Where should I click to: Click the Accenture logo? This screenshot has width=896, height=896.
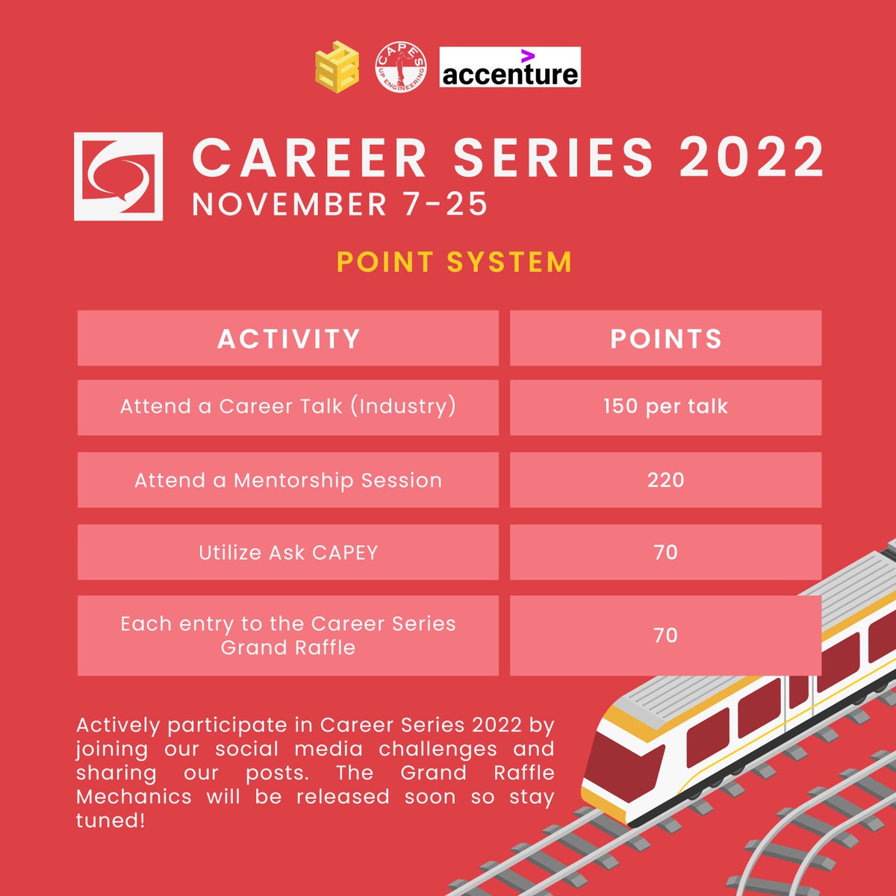point(510,68)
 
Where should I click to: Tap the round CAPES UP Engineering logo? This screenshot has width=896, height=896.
point(401,67)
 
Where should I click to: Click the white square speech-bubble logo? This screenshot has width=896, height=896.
point(119,176)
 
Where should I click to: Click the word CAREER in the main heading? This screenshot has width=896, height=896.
point(309,158)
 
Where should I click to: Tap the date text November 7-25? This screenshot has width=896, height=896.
point(340,205)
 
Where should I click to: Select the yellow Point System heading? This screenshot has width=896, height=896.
point(454,262)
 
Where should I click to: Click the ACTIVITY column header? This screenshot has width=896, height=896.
point(288,339)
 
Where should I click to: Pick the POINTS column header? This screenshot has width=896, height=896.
point(665,339)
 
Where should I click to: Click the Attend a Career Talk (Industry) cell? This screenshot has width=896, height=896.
point(288,407)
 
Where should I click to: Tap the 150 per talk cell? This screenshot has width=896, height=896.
point(665,407)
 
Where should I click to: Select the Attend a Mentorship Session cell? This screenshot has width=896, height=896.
point(288,480)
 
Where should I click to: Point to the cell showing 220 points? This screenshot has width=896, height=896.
point(665,480)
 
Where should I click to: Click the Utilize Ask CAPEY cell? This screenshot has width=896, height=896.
point(288,553)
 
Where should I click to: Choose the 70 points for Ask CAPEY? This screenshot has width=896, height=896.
point(665,553)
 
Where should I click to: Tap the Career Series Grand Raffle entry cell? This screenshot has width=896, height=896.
point(288,635)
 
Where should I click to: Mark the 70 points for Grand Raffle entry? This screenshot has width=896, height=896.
point(665,635)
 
